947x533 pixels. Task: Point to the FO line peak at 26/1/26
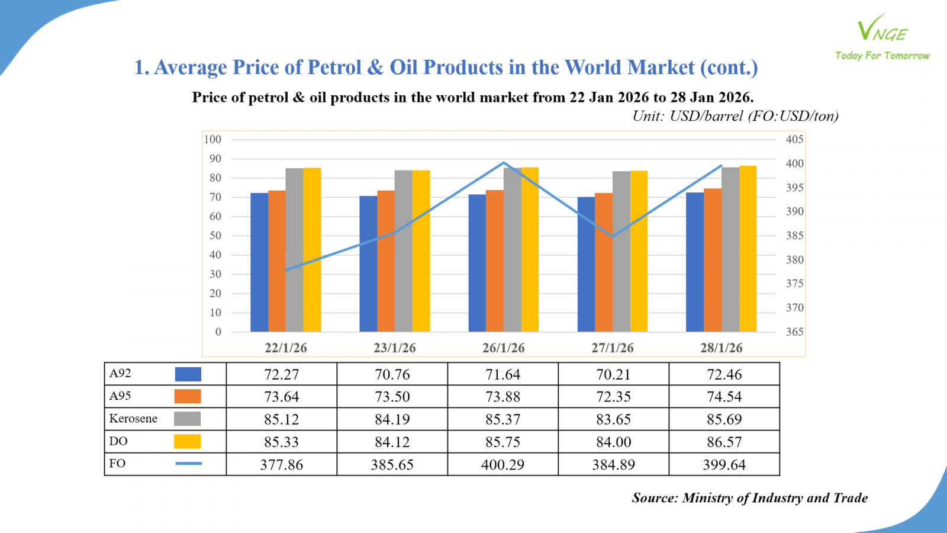pyautogui.click(x=504, y=163)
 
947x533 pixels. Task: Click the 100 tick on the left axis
pyautogui.click(x=212, y=139)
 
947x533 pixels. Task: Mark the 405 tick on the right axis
pyautogui.click(x=794, y=139)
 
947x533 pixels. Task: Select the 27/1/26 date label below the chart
pyautogui.click(x=612, y=348)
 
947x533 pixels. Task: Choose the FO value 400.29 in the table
pyautogui.click(x=503, y=465)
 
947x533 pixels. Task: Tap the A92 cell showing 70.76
pyautogui.click(x=392, y=374)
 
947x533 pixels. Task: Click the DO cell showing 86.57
pyautogui.click(x=724, y=442)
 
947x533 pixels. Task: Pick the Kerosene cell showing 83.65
pyautogui.click(x=613, y=419)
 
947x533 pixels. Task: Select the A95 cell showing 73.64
pyautogui.click(x=281, y=397)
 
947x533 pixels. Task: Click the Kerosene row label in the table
pyautogui.click(x=133, y=419)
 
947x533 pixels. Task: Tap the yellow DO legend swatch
pyautogui.click(x=187, y=441)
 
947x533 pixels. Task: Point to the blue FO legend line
pyautogui.click(x=188, y=463)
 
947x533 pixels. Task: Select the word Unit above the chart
pyautogui.click(x=648, y=116)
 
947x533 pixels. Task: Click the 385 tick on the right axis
pyautogui.click(x=794, y=235)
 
